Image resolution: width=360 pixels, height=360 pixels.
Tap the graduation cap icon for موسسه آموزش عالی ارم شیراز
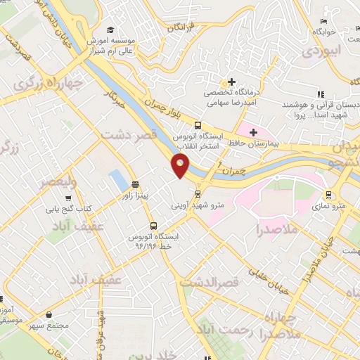[111, 30]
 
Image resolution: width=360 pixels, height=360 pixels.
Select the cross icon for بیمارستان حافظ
[253, 131]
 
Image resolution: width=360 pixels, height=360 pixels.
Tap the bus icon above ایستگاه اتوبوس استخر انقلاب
[198, 124]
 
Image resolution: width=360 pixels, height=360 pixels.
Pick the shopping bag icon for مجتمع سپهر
[49, 316]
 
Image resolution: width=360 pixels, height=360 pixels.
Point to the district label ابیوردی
[323, 51]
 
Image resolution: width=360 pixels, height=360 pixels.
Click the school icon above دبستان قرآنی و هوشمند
[321, 94]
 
